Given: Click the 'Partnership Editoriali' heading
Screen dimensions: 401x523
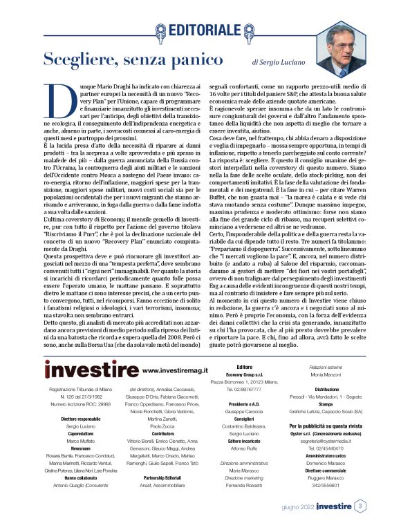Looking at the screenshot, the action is pyautogui.click(x=162, y=477).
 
